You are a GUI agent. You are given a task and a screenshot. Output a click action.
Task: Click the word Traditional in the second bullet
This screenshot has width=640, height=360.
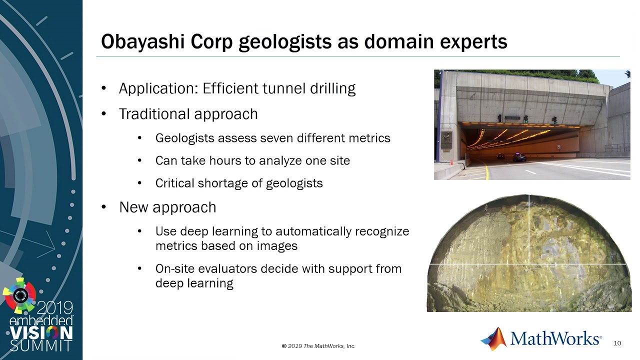154,114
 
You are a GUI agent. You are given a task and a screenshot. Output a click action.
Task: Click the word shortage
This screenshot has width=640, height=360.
222,183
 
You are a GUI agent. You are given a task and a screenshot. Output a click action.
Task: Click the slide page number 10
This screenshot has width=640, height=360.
617,343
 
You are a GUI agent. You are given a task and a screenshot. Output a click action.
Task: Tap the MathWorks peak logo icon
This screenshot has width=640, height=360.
494,339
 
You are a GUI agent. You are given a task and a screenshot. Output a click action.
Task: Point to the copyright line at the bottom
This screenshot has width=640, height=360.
318,346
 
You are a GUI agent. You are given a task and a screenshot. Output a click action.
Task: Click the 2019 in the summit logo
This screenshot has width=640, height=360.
55,308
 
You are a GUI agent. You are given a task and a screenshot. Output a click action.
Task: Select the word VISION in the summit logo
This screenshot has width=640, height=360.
41,333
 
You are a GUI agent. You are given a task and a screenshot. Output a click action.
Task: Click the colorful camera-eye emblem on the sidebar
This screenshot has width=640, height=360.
19,295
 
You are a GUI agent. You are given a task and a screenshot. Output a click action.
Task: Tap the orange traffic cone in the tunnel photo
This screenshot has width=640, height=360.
451,162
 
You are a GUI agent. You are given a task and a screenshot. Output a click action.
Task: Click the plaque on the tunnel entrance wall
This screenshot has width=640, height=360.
446,140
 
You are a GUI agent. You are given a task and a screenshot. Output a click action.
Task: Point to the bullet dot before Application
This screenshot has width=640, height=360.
103,88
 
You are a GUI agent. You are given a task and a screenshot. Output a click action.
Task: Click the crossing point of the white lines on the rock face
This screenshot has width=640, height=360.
529,264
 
